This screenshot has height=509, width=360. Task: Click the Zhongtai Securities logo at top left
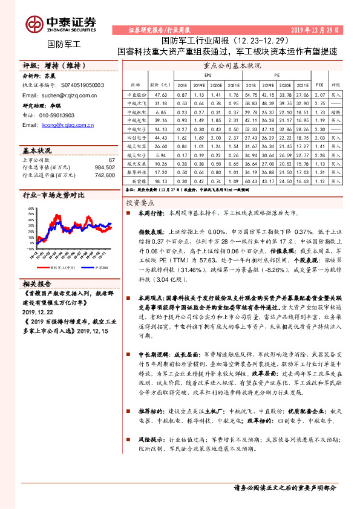point(61,24)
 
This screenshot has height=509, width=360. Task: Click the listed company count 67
point(111,160)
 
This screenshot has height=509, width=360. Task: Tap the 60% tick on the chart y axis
point(30,211)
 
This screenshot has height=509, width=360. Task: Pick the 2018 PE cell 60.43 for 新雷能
point(252,180)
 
